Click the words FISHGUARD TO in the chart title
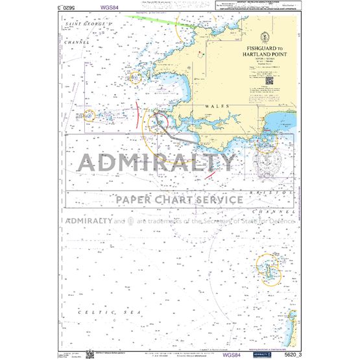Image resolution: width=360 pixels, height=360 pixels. click(x=266, y=48)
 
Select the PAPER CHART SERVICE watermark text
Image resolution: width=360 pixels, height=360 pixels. click(x=180, y=198)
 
